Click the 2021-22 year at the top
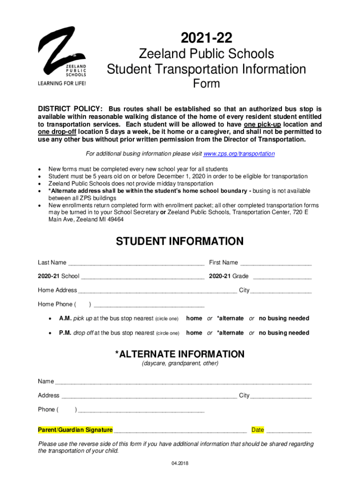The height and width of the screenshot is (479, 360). point(206,38)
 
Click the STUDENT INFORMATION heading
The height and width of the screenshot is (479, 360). point(180,241)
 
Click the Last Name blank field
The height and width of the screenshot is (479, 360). point(136,263)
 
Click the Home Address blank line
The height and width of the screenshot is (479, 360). point(157,291)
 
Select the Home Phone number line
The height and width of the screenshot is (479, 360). point(149,305)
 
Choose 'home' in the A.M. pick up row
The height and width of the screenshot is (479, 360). point(194,319)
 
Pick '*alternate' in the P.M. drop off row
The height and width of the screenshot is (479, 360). point(230,333)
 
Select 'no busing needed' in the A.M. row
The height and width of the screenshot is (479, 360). point(284,319)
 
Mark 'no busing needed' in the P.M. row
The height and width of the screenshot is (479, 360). point(284,333)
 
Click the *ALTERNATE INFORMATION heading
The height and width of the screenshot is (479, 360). point(180,354)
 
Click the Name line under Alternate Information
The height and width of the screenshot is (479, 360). point(183,382)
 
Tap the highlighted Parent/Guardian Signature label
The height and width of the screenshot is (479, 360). point(75,430)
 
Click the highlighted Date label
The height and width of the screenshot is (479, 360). point(258,430)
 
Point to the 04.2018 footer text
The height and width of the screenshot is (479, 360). point(180,464)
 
